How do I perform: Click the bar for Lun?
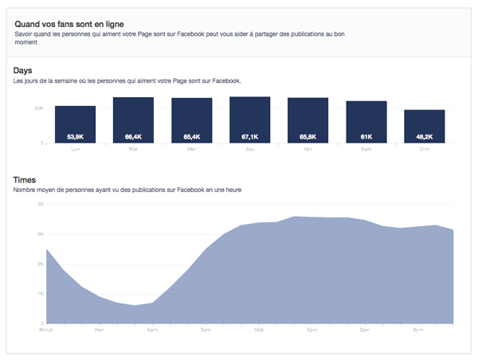(x=75, y=124)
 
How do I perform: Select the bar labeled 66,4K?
(x=133, y=119)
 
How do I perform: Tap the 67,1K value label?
(x=249, y=137)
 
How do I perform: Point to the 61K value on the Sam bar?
(x=366, y=137)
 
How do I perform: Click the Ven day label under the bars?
(x=308, y=149)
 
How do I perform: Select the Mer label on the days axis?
(x=191, y=149)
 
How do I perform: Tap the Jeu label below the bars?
(x=249, y=149)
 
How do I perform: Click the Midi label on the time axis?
(x=259, y=329)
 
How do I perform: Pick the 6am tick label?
(x=152, y=329)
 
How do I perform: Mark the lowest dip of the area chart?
(x=135, y=306)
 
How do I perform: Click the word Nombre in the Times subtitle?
(x=28, y=190)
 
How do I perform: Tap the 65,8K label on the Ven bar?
(x=308, y=137)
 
